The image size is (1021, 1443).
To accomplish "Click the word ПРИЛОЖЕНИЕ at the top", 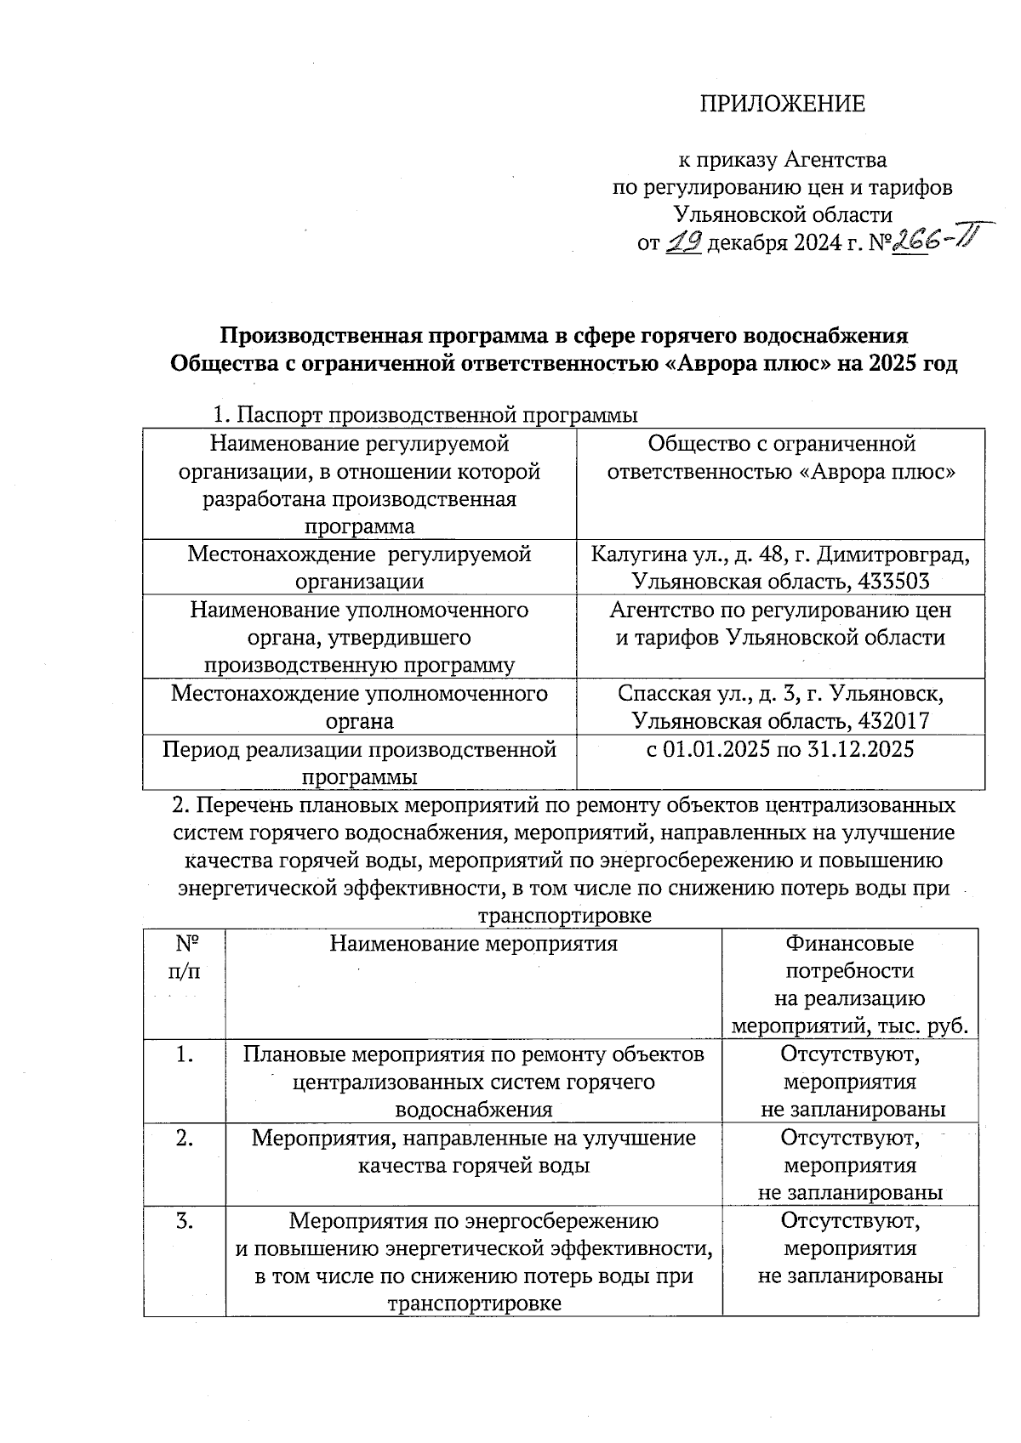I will [x=782, y=104].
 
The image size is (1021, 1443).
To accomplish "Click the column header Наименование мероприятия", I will [x=473, y=943].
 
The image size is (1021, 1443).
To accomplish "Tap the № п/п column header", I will [x=186, y=957].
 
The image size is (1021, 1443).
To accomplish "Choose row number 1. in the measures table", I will [x=185, y=1054].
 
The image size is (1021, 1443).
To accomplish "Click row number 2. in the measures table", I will [x=185, y=1138].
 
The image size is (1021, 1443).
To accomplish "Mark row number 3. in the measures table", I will [x=185, y=1221].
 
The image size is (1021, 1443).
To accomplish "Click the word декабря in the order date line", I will [x=746, y=244].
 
